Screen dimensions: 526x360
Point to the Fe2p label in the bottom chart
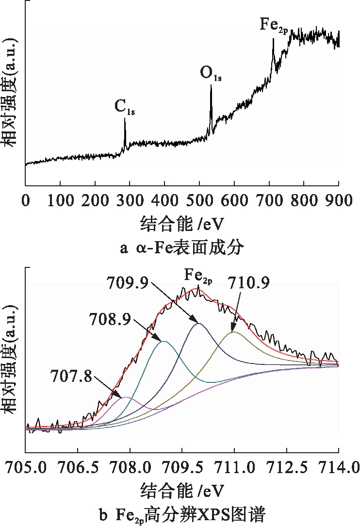tap(197, 276)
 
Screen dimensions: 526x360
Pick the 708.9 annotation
tap(106, 318)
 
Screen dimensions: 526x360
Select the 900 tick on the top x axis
tap(338, 200)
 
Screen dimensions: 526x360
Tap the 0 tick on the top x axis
tap(26, 200)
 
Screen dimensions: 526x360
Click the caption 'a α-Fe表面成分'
tap(181, 248)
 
